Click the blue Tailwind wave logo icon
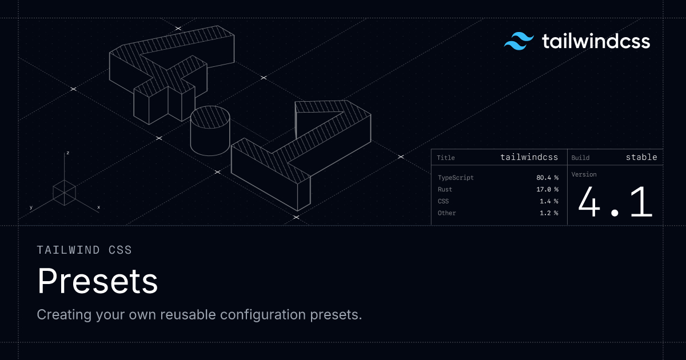(519, 41)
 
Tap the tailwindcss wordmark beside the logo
(596, 41)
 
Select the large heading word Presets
(97, 281)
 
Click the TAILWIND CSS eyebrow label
(84, 250)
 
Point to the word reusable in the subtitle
(188, 315)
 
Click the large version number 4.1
(615, 202)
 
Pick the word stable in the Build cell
(641, 157)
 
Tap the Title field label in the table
(445, 158)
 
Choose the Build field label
(580, 158)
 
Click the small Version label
(584, 174)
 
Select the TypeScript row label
(456, 178)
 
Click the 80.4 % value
(547, 178)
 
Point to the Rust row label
(445, 190)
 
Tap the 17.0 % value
(547, 190)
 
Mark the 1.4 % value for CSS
(549, 201)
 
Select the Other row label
(446, 213)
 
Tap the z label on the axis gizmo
(67, 153)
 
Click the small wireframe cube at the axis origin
(64, 193)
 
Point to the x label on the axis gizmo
(98, 207)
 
